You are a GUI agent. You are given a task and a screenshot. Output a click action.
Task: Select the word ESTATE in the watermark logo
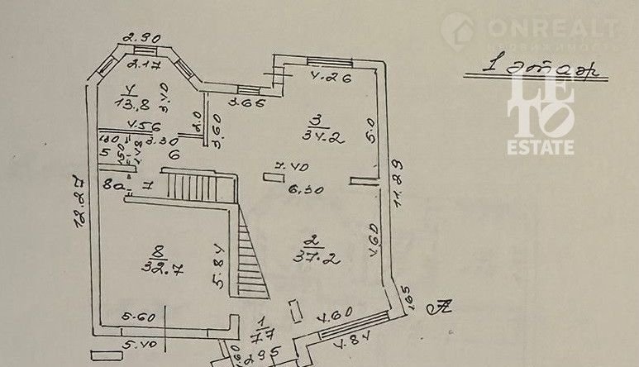541,147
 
